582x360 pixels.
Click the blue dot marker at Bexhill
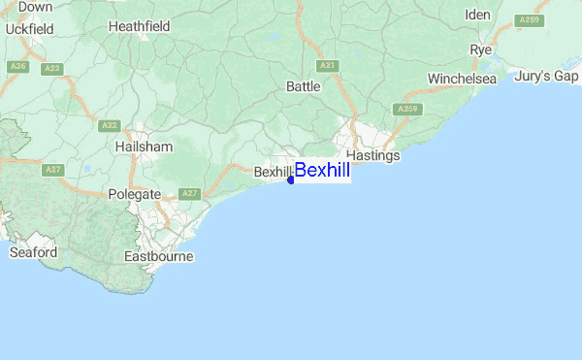291,180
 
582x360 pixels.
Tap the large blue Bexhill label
322,171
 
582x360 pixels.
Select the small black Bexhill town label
272,172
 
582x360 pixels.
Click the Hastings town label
373,155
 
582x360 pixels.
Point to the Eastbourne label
159,257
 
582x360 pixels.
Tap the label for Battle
303,87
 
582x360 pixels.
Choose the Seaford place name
33,252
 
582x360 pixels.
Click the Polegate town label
134,195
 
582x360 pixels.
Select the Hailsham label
144,147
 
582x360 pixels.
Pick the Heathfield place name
139,26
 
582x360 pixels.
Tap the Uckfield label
29,29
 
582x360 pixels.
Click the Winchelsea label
462,79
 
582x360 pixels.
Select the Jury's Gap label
546,76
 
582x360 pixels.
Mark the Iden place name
478,15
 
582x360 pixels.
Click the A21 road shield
328,66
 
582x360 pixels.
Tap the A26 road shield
17,66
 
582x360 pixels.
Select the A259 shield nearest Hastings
407,109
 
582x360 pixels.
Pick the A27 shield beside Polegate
190,194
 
